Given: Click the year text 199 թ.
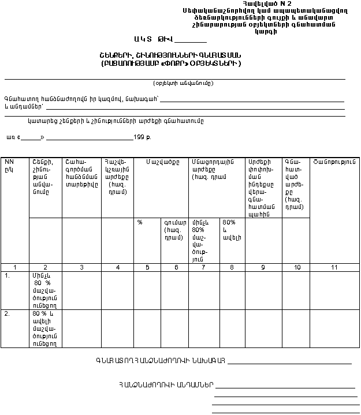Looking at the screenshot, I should tap(142, 137).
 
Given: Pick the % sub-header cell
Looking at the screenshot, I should tap(140, 222).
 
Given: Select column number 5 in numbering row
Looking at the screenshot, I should tap(147, 267).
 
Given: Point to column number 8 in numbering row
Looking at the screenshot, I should tap(232, 267).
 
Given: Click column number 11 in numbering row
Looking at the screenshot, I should tap(334, 267).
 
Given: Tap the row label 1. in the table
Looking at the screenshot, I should tap(8, 276).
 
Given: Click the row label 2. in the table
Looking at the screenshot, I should tap(8, 314).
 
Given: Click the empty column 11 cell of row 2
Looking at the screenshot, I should tap(334, 328).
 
